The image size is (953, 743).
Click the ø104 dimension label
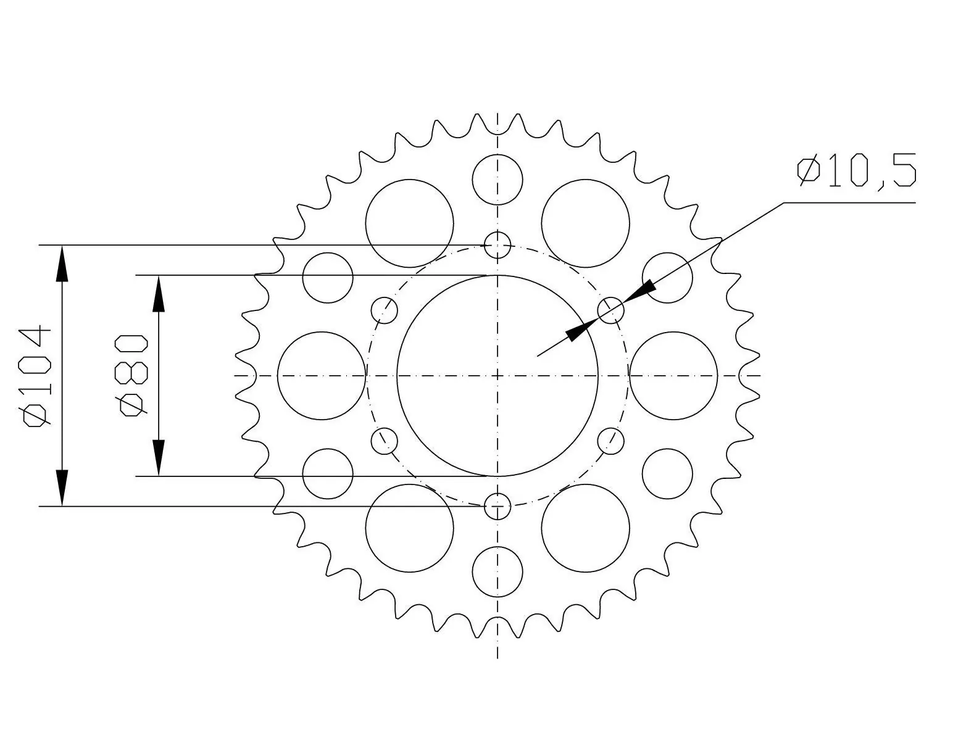coord(36,375)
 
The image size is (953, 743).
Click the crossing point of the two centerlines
coord(497,375)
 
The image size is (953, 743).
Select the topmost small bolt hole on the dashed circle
coord(497,245)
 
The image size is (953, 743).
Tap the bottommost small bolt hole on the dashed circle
coord(497,506)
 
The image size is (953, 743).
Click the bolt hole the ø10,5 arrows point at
coord(611,310)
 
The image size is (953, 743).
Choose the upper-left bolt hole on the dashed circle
coord(384,310)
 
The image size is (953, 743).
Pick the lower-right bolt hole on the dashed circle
coord(611,441)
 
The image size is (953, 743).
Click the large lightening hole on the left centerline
coord(322,375)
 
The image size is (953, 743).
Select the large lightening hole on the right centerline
coord(673,375)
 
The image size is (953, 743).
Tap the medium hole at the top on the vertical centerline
coord(497,180)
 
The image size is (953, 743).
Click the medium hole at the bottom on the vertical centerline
coord(497,571)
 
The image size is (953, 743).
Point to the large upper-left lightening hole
coord(409,223)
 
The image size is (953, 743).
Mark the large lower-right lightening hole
coord(585,528)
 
